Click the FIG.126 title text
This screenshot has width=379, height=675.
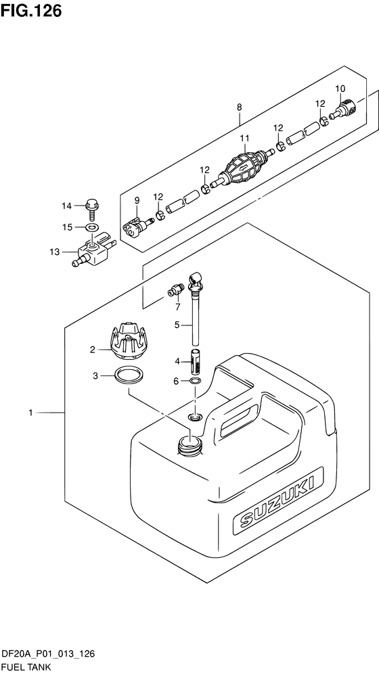pyautogui.click(x=31, y=10)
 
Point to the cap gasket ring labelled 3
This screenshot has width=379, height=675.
pyautogui.click(x=129, y=375)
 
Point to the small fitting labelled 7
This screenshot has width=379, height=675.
pyautogui.click(x=175, y=291)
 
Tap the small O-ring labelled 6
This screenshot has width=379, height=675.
pyautogui.click(x=195, y=381)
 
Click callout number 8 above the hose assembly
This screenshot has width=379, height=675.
pyautogui.click(x=239, y=107)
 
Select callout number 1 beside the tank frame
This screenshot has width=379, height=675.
pyautogui.click(x=30, y=413)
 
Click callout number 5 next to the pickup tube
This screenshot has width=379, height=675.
pyautogui.click(x=177, y=325)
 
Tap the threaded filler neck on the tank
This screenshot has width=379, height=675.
pyautogui.click(x=189, y=444)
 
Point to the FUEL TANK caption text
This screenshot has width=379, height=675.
pyautogui.click(x=26, y=668)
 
